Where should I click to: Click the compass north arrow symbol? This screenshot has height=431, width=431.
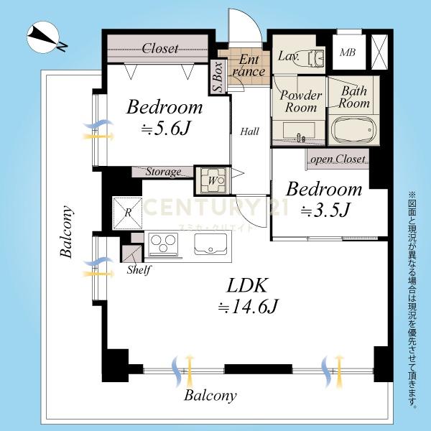pos(44,37)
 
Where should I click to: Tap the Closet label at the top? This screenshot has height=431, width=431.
pos(160,48)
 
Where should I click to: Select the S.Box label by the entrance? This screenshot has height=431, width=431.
pos(218,78)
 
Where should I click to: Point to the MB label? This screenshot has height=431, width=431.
pos(348,52)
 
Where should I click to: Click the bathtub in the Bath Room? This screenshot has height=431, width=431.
pos(353,130)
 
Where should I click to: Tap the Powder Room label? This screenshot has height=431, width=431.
pos(301,101)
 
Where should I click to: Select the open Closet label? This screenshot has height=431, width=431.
pos(338,159)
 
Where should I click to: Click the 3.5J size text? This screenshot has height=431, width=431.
pos(325,210)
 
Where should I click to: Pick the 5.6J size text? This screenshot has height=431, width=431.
pos(165,129)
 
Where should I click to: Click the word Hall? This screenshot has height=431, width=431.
pos(249,131)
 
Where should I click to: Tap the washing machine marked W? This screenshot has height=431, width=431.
pos(213,180)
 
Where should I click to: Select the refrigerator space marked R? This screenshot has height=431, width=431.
pos(128,213)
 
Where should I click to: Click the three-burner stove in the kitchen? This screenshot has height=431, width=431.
pos(163,244)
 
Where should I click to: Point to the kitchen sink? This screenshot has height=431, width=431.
pos(210,244)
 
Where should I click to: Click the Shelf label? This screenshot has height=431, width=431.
pos(139,269)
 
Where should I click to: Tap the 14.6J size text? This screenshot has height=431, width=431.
pos(248,306)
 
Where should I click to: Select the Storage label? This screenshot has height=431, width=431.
pos(163,172)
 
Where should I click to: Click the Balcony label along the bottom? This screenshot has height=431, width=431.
pos(210,396)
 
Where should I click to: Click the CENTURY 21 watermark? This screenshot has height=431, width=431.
pos(215,207)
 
